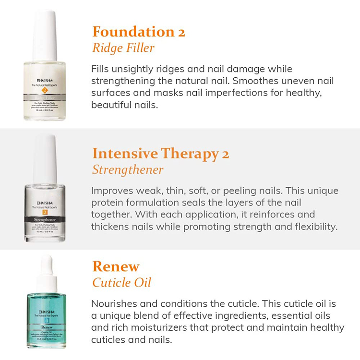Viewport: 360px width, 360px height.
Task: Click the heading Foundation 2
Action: (138, 32)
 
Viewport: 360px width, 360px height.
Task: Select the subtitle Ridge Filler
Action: (123, 48)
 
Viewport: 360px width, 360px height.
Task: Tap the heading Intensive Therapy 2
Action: (160, 154)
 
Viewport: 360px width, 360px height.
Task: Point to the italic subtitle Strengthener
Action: (128, 170)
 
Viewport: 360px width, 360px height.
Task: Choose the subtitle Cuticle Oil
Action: (121, 282)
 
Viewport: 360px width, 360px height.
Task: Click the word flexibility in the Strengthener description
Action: (312, 227)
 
